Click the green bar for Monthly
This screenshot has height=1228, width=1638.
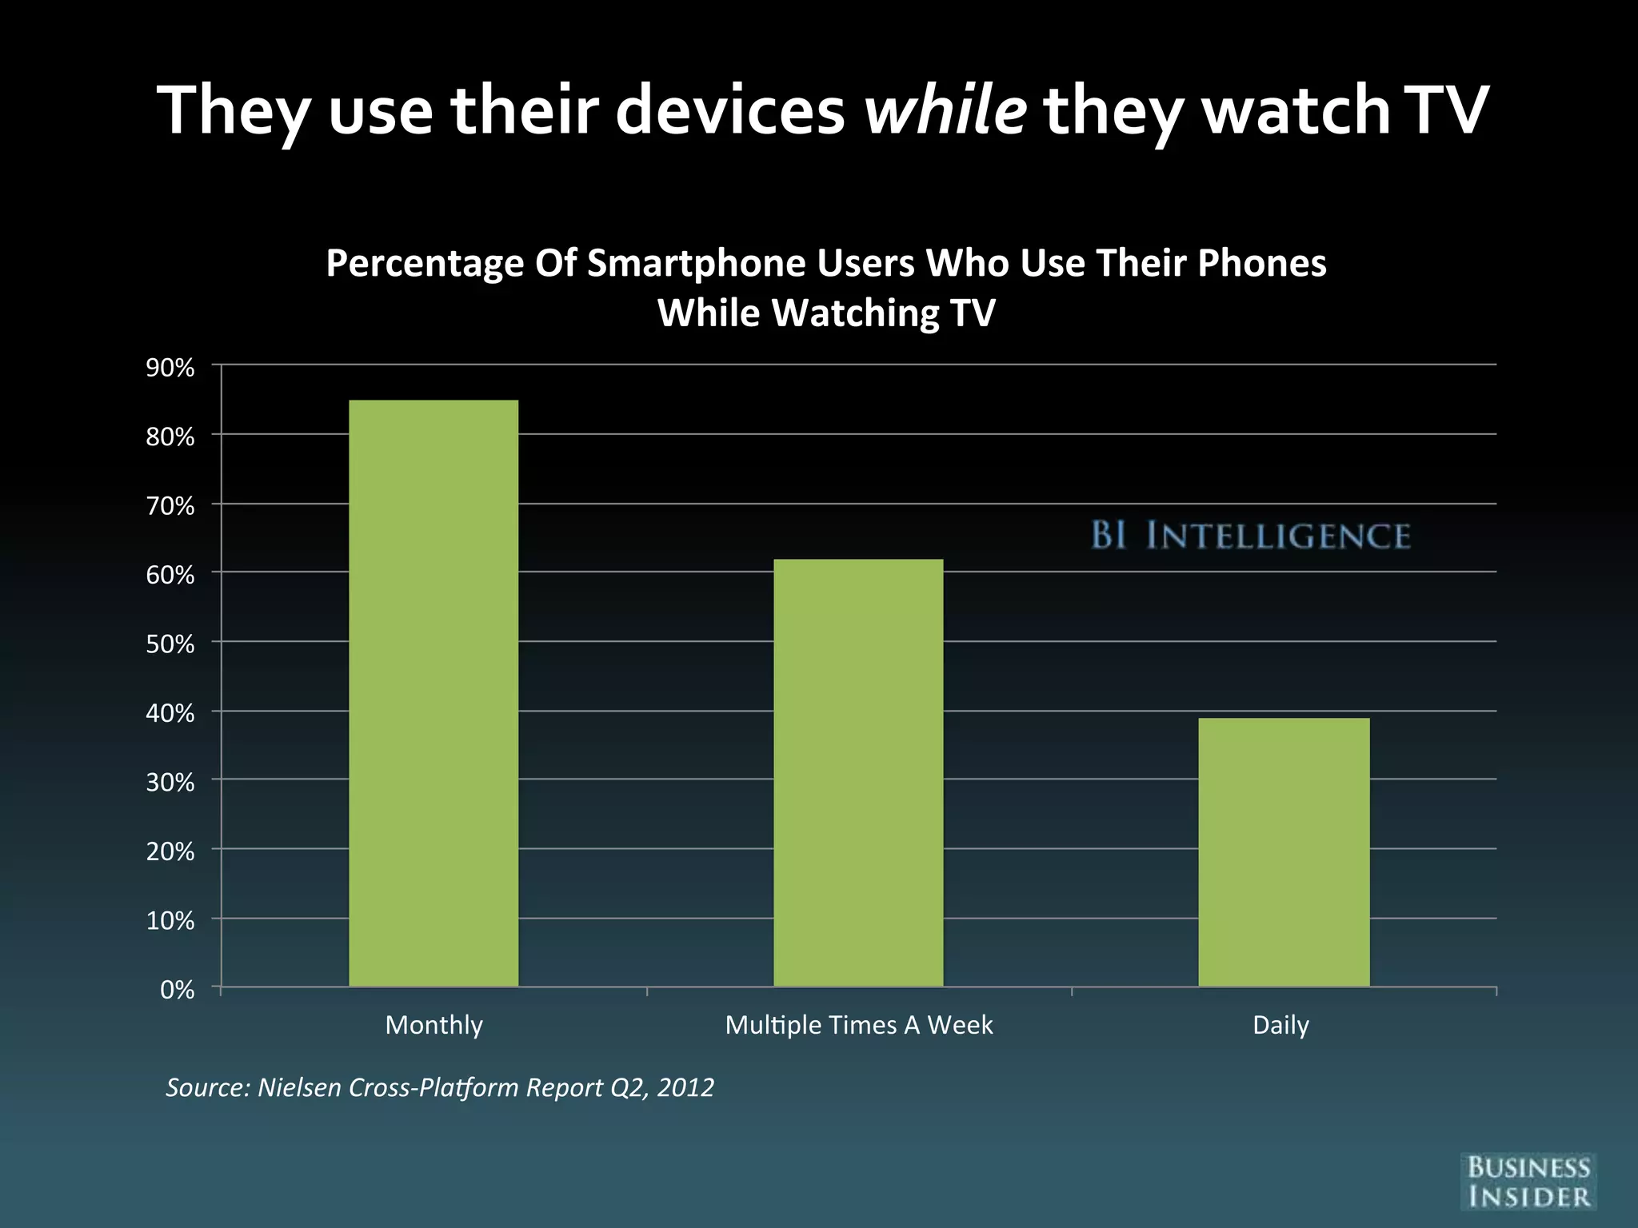point(433,692)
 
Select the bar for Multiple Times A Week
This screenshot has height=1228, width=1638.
point(858,772)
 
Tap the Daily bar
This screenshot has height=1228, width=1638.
point(1283,851)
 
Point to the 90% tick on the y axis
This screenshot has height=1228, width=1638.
point(170,368)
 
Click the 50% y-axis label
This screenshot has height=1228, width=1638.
point(170,644)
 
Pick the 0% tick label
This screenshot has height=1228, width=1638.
point(178,990)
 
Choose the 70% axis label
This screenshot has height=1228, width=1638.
point(170,506)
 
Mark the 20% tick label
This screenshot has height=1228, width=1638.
point(170,851)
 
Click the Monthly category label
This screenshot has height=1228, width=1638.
point(433,1025)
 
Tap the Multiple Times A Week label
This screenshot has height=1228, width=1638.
point(858,1025)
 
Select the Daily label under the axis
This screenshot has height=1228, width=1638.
point(1280,1025)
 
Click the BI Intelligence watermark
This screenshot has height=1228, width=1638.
point(1250,536)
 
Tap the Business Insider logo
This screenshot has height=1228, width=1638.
point(1528,1182)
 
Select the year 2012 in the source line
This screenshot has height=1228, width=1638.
point(685,1087)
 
